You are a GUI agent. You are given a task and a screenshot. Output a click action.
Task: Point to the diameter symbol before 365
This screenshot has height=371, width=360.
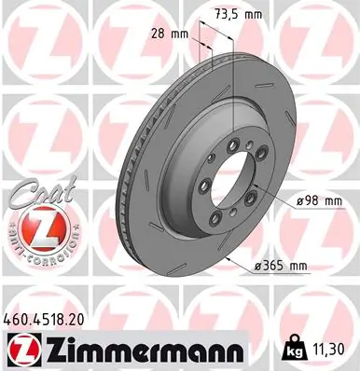pyautogui.click(x=258, y=266)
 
